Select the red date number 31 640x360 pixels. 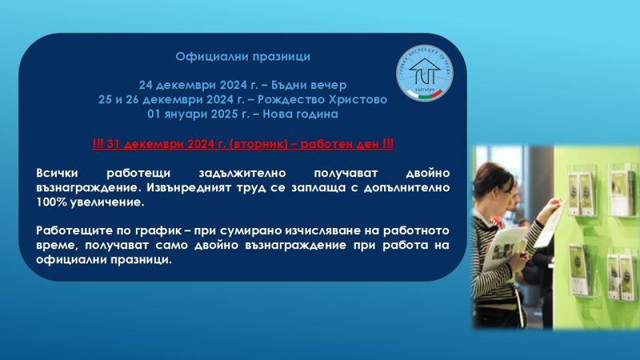pos(114,144)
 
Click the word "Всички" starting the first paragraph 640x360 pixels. pos(58,173)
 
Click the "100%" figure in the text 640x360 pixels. pos(53,202)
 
